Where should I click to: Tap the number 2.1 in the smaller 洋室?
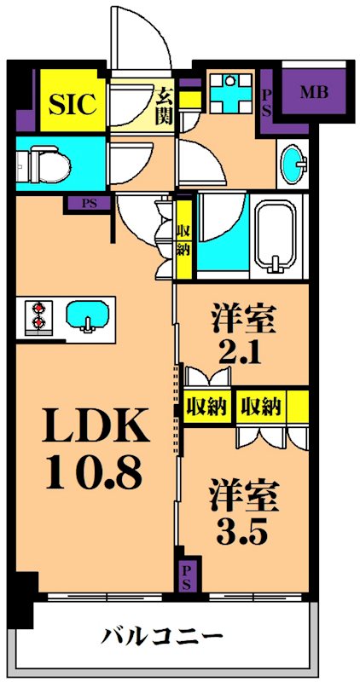pos(242,351)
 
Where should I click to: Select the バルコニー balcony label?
pos(164,636)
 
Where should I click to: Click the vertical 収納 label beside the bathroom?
pos(183,240)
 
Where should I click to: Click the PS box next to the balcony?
pos(185,577)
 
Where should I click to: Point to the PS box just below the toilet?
pos(89,203)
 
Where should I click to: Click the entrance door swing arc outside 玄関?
pos(136,38)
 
